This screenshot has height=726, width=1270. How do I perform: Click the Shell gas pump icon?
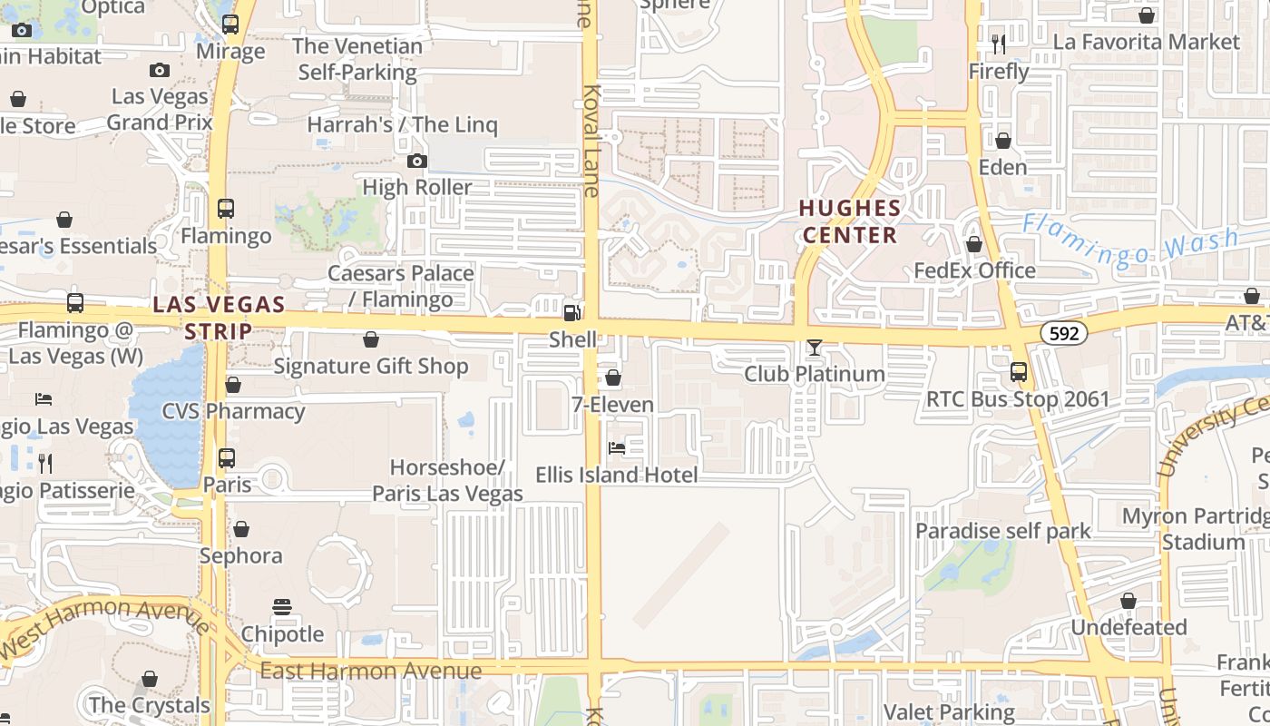coord(572,313)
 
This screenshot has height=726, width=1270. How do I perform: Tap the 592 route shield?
coord(1063,333)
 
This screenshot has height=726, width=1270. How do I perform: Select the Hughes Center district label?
coord(850,221)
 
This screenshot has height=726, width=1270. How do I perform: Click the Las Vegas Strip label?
coord(219,318)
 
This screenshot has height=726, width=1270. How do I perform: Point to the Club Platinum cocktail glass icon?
coord(815,348)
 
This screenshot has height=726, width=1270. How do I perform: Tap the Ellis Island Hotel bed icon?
coord(617,448)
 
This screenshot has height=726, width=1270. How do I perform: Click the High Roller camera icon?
coord(417,162)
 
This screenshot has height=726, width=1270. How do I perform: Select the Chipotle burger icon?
coord(282,607)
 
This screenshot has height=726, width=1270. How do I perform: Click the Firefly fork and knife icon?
coord(999,44)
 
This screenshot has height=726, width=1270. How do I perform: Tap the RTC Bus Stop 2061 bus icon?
coord(1019,372)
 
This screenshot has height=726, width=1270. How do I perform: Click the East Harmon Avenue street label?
coord(370,671)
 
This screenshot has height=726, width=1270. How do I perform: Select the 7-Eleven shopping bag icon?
coord(613,378)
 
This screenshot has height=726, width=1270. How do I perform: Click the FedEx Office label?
coord(974,270)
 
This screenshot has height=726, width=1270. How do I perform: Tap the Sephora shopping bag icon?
coord(241,529)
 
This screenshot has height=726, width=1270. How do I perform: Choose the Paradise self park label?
coord(1003,531)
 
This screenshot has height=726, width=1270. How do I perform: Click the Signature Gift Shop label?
coord(371,366)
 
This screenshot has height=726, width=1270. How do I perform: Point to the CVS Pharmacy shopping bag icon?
coord(233,385)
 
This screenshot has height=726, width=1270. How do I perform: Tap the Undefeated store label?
coord(1128,627)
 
